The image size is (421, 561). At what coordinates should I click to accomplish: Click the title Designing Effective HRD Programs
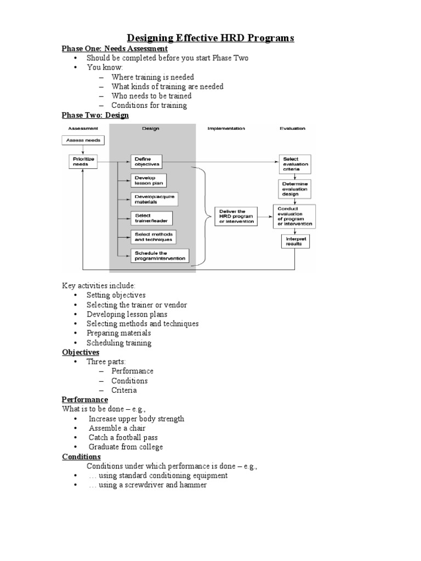point(210,38)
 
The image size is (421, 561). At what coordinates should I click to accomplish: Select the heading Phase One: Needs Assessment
point(115,49)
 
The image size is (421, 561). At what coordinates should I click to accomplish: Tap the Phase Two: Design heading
point(95,115)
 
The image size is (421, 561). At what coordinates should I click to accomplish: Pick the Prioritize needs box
point(81,162)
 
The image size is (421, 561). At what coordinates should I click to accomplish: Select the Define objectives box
point(147,162)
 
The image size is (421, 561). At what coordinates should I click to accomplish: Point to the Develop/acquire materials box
point(154,199)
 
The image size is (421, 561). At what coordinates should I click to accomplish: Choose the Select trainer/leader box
point(151,218)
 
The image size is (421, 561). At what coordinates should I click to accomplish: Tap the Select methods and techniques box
point(153,237)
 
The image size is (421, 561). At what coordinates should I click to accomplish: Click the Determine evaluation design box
point(295,188)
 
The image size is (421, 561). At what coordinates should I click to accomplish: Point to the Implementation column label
point(226,129)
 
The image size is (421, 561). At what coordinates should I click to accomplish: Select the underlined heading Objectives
point(81,352)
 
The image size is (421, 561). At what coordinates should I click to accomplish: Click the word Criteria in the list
point(124,390)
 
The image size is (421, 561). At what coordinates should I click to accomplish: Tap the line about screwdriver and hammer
point(147,485)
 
